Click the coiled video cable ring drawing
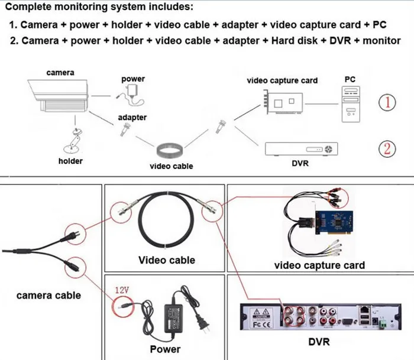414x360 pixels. (x=171, y=150)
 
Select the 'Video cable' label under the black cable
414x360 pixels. (x=166, y=260)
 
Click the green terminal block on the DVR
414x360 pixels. (x=386, y=324)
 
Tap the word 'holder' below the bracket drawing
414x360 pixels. (x=70, y=161)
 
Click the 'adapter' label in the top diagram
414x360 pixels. (x=132, y=118)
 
